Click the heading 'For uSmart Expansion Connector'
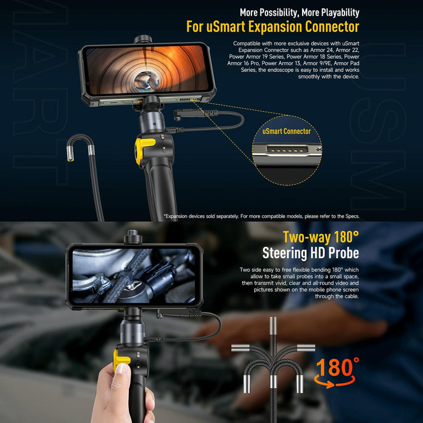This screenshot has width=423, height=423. [273, 27]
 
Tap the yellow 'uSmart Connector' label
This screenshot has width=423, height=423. [286, 131]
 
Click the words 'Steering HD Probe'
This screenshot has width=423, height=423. [311, 253]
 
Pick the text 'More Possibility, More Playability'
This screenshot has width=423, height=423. [299, 12]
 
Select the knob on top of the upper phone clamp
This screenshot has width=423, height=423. [143, 39]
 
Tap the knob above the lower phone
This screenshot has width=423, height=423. [133, 236]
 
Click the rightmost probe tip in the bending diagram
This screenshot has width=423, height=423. [307, 347]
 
